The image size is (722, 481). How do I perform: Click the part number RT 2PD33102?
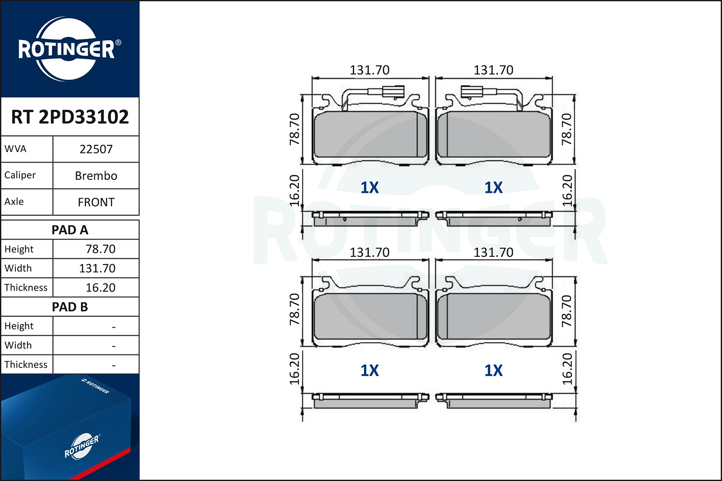[x=70, y=117]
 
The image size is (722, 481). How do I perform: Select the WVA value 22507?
[x=96, y=149]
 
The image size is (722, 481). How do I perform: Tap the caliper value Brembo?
[x=96, y=176]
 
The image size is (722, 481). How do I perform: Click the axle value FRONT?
[x=96, y=202]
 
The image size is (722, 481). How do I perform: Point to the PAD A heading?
[x=70, y=230]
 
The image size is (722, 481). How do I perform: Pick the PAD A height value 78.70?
[x=100, y=249]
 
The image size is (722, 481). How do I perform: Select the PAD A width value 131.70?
[x=97, y=268]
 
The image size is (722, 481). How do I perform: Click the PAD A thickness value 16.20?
[x=100, y=288]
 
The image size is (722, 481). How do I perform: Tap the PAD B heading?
[x=70, y=307]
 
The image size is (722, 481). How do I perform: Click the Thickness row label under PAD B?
[x=26, y=365]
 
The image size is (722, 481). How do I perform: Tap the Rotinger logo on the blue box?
[x=81, y=446]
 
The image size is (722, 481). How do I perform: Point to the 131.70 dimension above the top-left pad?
[x=369, y=70]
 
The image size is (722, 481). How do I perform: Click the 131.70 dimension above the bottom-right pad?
[x=493, y=253]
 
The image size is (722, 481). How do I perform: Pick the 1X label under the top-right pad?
[x=493, y=188]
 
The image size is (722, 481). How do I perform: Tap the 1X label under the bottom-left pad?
[x=369, y=370]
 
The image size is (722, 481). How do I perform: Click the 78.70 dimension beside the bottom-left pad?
[x=295, y=310]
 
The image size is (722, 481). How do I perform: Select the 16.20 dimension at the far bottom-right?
[x=567, y=369]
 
